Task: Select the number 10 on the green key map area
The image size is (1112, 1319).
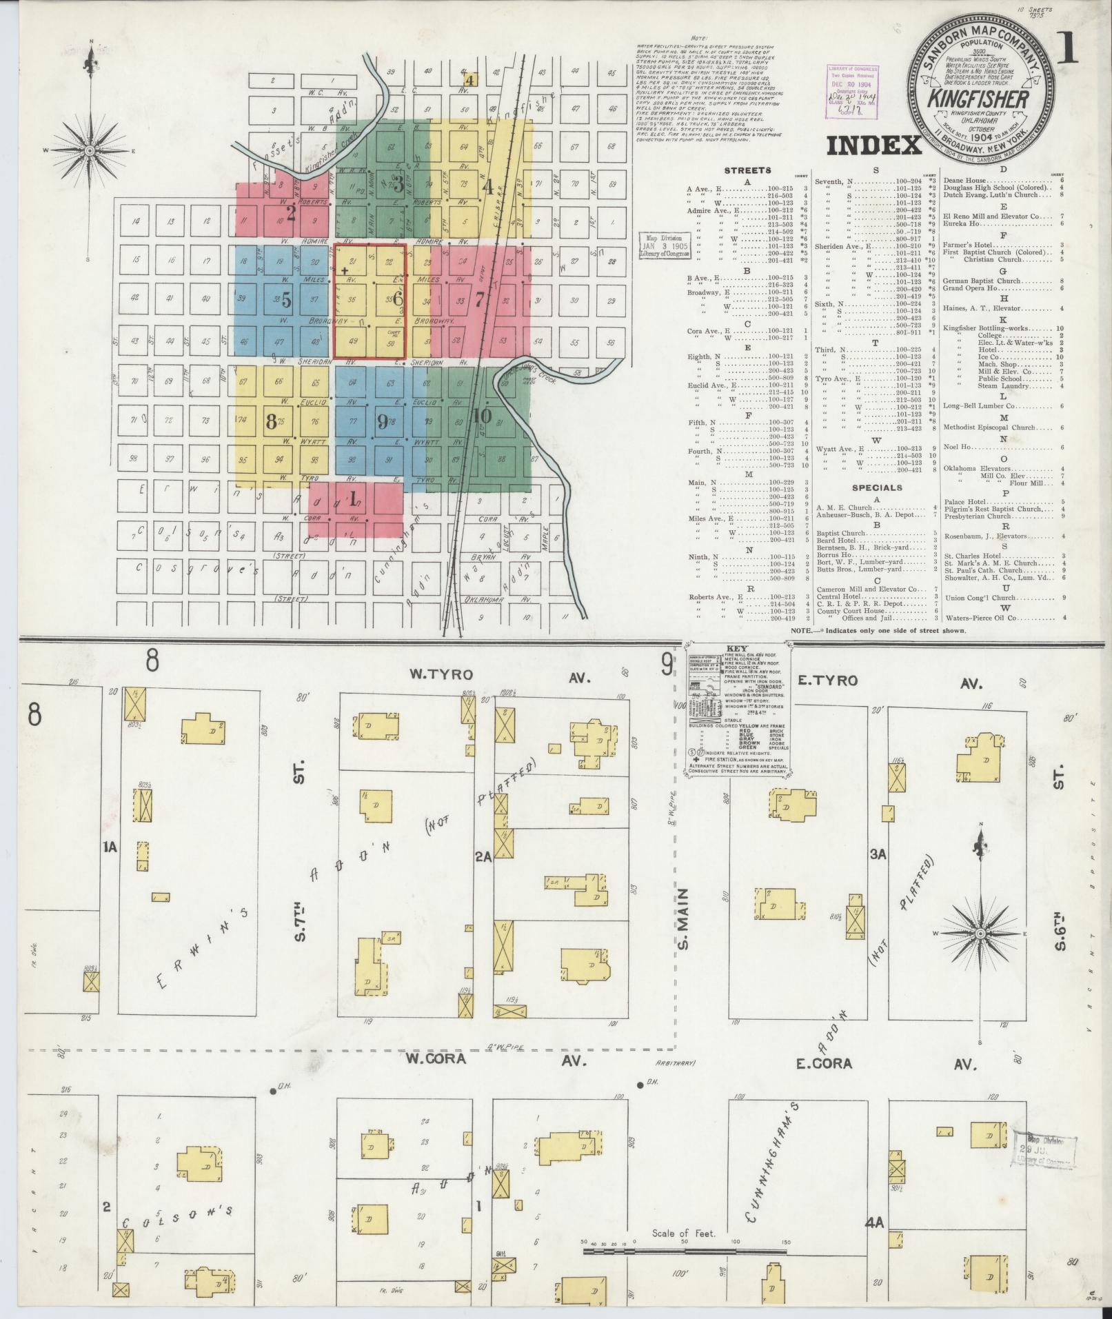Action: pos(482,416)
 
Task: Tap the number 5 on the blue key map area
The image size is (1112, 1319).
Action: pos(286,300)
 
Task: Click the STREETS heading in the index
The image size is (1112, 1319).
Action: pos(747,170)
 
